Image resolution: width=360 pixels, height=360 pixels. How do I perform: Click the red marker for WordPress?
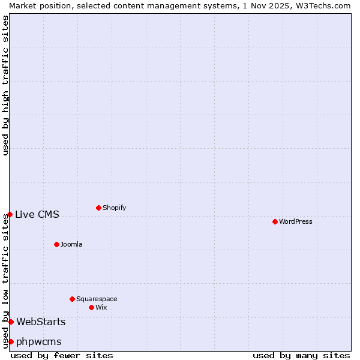tap(275, 221)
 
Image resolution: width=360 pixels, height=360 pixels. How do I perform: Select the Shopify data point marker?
tap(98, 208)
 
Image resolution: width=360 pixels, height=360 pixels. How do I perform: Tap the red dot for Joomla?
tap(56, 244)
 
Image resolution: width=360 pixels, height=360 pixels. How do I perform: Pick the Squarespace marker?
tap(72, 299)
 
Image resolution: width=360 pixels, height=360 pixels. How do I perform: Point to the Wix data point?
tap(91, 307)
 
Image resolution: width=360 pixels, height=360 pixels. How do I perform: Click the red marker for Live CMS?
tap(10, 214)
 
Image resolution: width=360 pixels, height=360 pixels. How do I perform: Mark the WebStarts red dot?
tap(11, 322)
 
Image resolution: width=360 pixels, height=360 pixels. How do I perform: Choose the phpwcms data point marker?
tap(11, 341)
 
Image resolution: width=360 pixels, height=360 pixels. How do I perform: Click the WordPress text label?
tap(296, 221)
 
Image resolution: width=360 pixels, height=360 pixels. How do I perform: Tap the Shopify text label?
tap(114, 208)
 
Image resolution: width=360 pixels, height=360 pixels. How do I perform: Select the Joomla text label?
tap(71, 244)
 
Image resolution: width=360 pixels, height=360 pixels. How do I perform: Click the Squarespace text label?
tap(97, 299)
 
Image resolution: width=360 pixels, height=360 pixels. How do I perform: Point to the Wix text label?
tap(101, 307)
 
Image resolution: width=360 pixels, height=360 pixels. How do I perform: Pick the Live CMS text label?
tap(37, 214)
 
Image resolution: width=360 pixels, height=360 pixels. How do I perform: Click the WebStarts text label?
tap(41, 322)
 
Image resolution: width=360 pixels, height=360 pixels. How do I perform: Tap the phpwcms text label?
tap(39, 342)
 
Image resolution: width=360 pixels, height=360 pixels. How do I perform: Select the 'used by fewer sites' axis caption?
tap(62, 355)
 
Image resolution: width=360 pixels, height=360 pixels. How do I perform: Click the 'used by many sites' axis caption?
tap(301, 355)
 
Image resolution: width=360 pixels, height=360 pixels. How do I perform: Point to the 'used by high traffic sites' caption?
tap(5, 85)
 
